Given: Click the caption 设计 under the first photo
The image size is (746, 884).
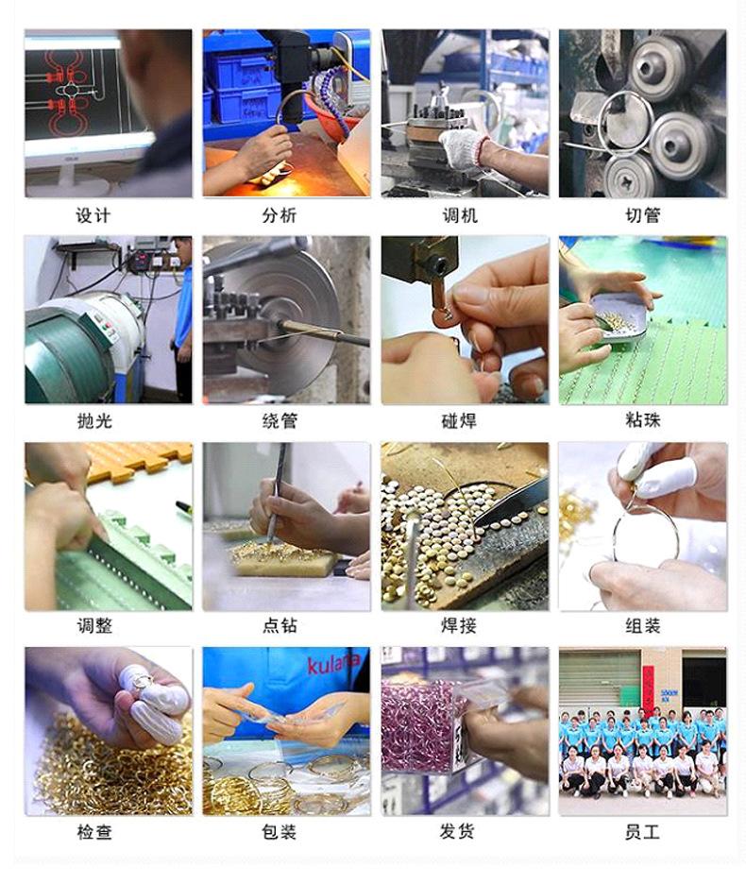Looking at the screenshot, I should (93, 215).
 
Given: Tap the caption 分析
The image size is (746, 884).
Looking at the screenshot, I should (279, 215).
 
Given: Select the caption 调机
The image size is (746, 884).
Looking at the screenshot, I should (460, 215).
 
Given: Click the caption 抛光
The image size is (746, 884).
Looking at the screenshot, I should (93, 420).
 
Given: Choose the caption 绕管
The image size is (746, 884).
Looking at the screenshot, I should (279, 420).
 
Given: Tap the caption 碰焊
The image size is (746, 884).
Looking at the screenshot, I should (460, 420).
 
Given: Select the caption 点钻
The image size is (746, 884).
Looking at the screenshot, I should (279, 625).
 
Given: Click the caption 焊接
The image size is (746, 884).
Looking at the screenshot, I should (460, 625).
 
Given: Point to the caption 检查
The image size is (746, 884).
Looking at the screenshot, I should (93, 832).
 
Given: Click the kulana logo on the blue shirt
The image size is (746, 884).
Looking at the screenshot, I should (332, 664).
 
